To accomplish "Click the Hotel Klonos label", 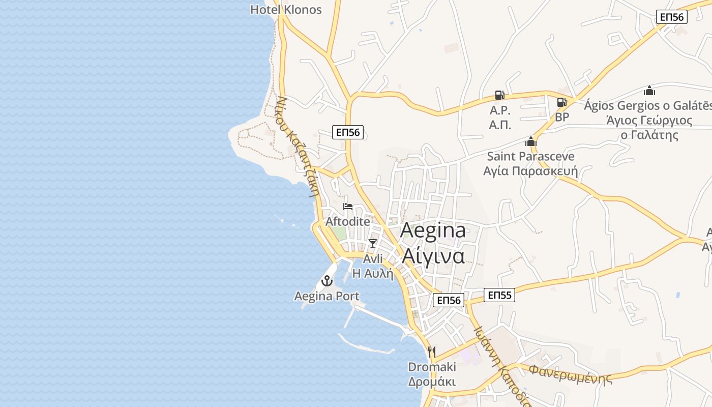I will (x=286, y=10).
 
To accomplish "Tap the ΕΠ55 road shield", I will (x=499, y=295).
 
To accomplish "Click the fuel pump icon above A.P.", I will (x=500, y=95).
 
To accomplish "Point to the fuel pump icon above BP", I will (x=561, y=102).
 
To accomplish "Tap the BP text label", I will (x=562, y=117).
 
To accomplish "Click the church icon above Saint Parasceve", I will (x=531, y=141).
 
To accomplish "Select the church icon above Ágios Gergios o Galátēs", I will (x=649, y=91).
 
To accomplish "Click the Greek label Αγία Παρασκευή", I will (x=530, y=171).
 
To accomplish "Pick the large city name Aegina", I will (x=433, y=230).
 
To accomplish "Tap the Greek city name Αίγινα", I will (x=433, y=255).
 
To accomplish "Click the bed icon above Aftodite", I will (x=348, y=206).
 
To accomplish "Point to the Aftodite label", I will (x=348, y=221).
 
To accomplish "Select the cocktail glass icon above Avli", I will (x=373, y=243).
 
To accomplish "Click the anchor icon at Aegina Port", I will (x=327, y=280).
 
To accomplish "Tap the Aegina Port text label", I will (x=327, y=296).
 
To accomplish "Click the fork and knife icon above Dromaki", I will (x=432, y=351).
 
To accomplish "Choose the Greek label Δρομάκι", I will (x=432, y=382).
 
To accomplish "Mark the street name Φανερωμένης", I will (x=570, y=374).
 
